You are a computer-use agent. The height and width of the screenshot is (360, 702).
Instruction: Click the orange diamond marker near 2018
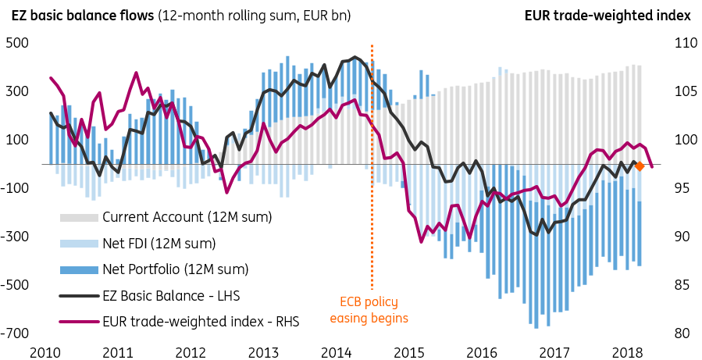tap(639, 166)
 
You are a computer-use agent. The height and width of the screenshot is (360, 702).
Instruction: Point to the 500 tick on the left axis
tap(17, 43)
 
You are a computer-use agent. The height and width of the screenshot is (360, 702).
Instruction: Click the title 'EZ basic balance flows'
tap(80, 15)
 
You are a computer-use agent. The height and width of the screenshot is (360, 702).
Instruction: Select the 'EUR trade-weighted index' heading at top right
tap(608, 15)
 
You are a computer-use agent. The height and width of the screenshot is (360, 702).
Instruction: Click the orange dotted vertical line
tap(372, 156)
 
